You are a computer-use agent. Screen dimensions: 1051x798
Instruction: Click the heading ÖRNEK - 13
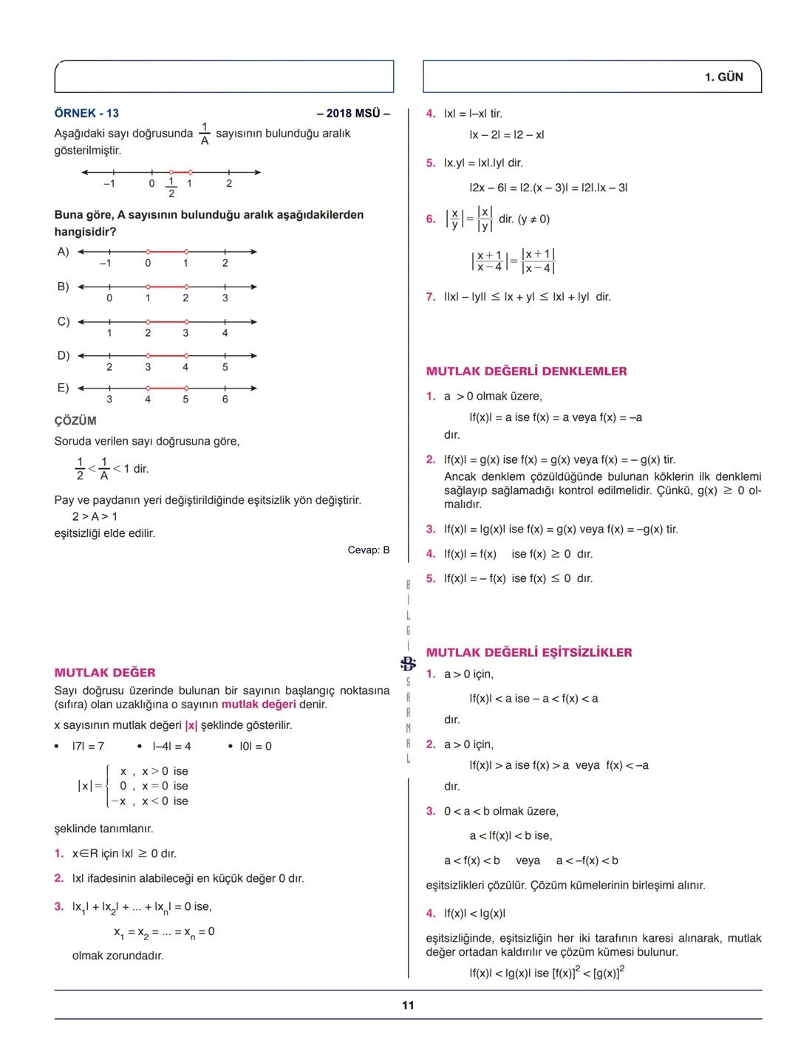click(x=86, y=113)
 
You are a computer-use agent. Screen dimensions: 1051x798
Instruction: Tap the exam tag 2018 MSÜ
click(x=352, y=113)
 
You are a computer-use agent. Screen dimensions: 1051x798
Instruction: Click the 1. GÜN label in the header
click(x=723, y=77)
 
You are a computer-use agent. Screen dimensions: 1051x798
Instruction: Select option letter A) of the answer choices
click(x=63, y=252)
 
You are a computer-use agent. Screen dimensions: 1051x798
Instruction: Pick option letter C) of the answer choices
click(x=63, y=321)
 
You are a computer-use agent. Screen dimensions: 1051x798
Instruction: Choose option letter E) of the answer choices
click(x=63, y=388)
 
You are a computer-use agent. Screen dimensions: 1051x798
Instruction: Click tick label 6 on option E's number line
click(x=225, y=400)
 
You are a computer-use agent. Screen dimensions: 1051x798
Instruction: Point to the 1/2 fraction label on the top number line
click(x=171, y=188)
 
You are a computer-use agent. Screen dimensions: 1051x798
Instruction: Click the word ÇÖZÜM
click(x=75, y=421)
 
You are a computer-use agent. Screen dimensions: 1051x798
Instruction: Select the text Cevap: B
click(x=368, y=550)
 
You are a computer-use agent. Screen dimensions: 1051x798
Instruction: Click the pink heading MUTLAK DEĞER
click(x=105, y=673)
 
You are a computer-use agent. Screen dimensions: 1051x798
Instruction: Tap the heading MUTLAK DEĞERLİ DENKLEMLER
click(x=526, y=372)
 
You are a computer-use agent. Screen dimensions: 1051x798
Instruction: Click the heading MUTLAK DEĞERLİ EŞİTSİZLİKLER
click(x=529, y=653)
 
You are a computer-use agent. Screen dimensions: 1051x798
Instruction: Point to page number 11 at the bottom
click(x=408, y=1005)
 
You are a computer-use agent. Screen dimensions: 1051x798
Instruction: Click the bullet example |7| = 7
click(x=88, y=747)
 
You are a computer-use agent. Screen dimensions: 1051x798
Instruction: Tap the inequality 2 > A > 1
click(x=95, y=516)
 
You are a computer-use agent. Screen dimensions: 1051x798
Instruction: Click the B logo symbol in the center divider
click(x=408, y=663)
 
